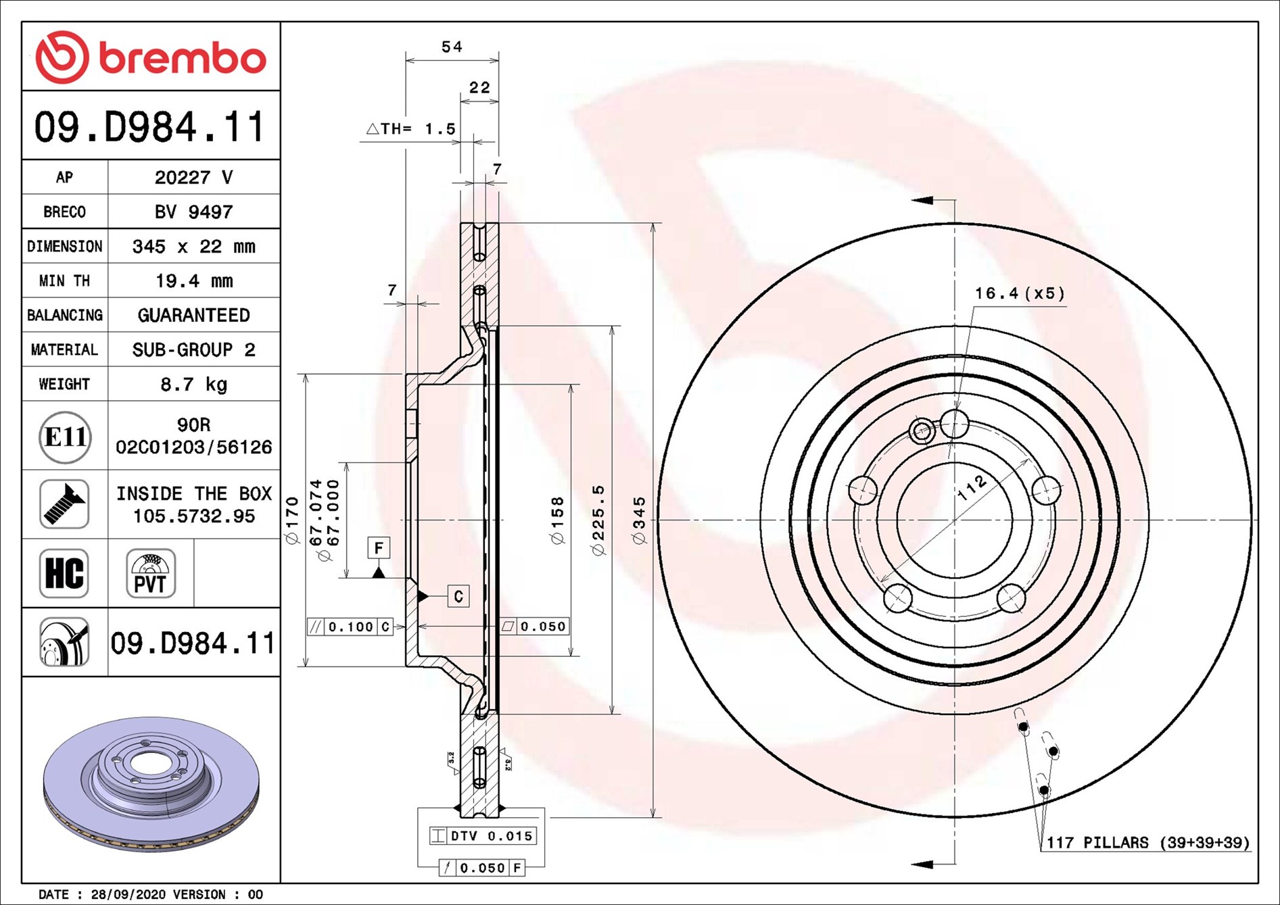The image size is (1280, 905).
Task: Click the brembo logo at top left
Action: click(151, 57)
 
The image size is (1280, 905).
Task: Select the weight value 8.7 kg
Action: click(193, 385)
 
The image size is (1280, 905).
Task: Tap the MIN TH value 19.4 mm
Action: click(193, 280)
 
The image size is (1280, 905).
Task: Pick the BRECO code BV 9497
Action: click(193, 212)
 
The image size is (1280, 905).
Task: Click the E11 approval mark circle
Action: click(65, 437)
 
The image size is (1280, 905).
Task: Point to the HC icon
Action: click(64, 573)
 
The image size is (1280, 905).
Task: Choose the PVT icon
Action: click(151, 573)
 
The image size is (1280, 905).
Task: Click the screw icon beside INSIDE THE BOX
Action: click(64, 504)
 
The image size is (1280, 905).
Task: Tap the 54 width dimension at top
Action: click(452, 47)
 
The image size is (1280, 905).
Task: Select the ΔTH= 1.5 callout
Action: click(411, 128)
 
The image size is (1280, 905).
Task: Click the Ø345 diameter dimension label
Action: click(639, 520)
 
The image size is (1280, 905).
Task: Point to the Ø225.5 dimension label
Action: click(598, 520)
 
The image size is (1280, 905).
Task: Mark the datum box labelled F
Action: click(379, 547)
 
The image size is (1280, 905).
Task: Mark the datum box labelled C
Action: click(458, 596)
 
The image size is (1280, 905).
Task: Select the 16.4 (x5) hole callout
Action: click(1019, 293)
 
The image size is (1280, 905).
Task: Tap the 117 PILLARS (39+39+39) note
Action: click(1147, 843)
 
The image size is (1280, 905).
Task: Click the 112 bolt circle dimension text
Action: click(972, 487)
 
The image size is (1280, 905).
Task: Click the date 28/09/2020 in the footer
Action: click(128, 895)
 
